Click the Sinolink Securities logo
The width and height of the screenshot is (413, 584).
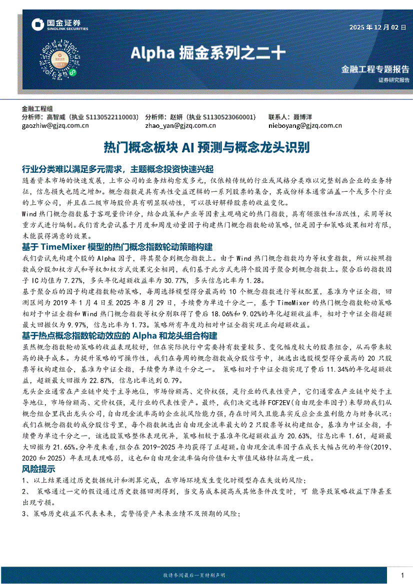(x=59, y=25)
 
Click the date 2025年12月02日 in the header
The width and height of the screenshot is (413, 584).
(x=378, y=27)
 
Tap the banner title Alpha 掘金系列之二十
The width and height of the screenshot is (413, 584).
(x=208, y=52)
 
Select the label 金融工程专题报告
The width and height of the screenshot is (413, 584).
(x=375, y=69)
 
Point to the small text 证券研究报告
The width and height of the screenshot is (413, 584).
(x=393, y=80)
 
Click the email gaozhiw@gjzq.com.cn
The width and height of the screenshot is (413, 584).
(x=55, y=126)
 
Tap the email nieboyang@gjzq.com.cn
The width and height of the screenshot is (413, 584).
(x=305, y=126)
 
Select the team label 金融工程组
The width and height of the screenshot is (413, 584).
(x=37, y=108)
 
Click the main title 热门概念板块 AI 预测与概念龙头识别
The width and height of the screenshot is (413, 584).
(x=206, y=147)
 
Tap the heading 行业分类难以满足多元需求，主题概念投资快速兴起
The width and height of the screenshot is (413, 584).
(x=118, y=169)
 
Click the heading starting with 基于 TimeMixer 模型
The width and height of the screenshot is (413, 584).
(x=117, y=247)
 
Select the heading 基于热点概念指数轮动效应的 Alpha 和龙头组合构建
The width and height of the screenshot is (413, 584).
(x=120, y=335)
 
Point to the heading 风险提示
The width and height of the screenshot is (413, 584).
(x=38, y=469)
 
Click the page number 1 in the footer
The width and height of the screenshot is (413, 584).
(x=403, y=575)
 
